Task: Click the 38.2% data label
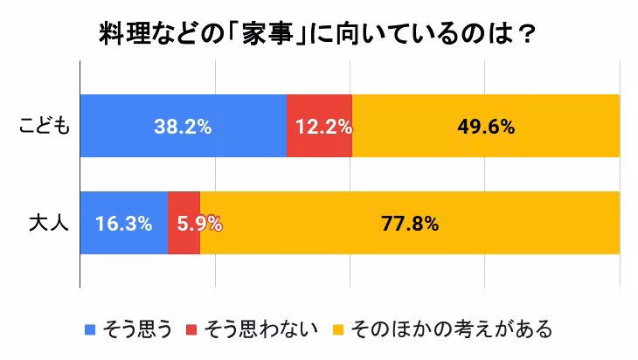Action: pos(183,126)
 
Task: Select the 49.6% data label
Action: pos(486,126)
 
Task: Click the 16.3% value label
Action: pos(123,223)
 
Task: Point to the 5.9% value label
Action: pos(198,223)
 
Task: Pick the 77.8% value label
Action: pos(410,223)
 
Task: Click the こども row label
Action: pos(45,126)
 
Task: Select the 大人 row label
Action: pos(49,223)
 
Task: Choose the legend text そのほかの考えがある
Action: pos(451,329)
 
